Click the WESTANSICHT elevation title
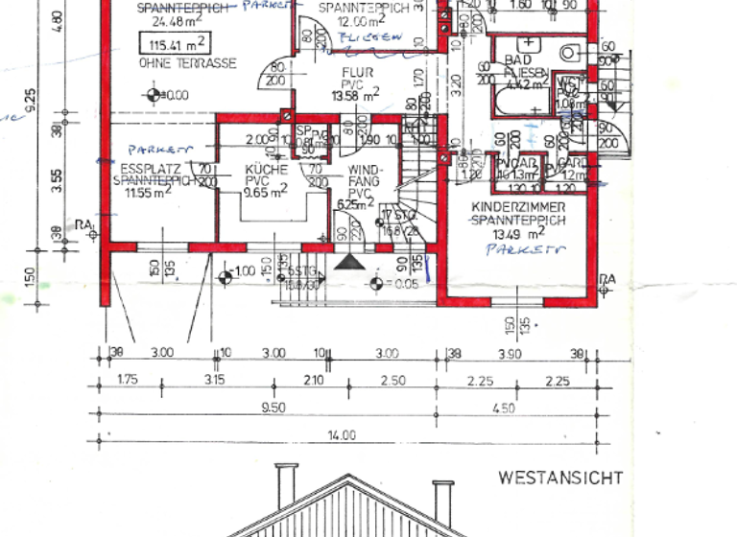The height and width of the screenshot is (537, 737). (560, 477)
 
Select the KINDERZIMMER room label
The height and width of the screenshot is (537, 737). (518, 207)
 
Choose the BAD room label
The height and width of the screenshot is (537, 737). (518, 59)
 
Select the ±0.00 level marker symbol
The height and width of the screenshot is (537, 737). (152, 95)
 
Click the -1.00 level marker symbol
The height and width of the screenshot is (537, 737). (226, 278)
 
